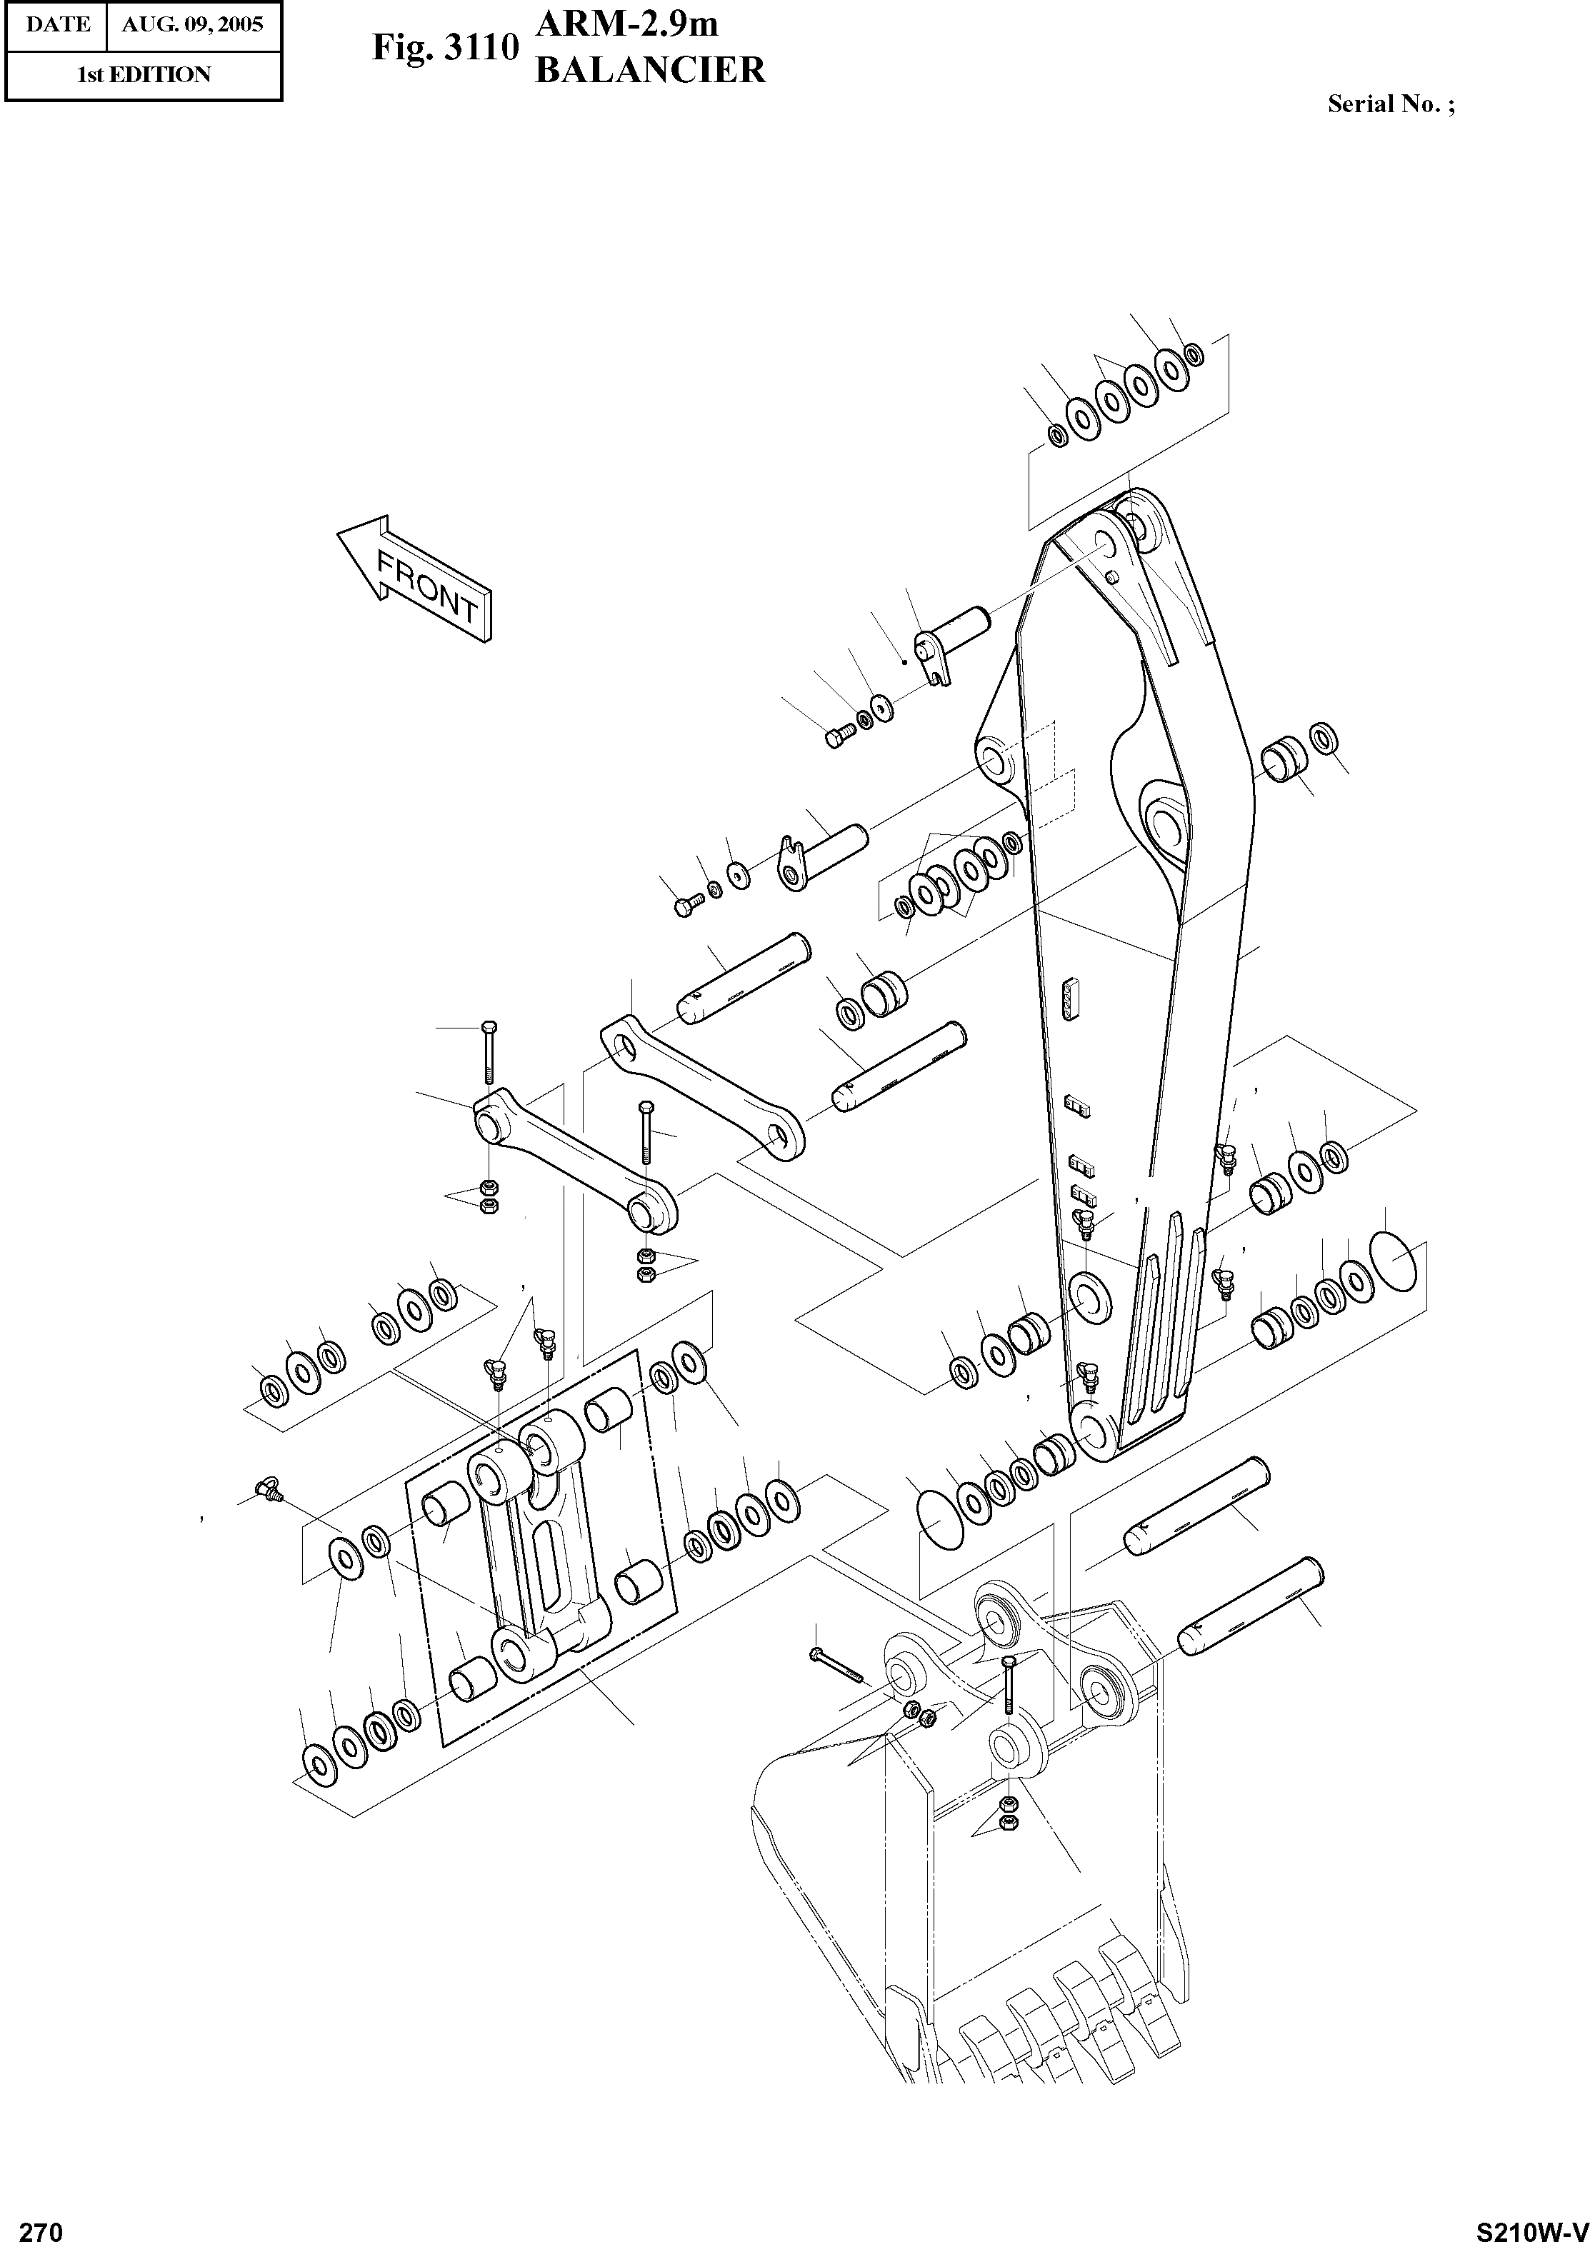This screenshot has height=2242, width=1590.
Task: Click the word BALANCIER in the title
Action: (x=649, y=71)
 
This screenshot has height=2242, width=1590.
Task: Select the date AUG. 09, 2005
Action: (x=193, y=24)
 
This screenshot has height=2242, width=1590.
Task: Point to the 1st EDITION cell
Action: (x=144, y=74)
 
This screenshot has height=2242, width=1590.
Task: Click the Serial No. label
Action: (x=1390, y=104)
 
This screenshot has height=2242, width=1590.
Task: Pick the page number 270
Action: (x=41, y=2224)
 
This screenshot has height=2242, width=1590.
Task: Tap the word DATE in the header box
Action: (x=57, y=24)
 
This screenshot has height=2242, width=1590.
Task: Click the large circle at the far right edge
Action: (x=1391, y=1260)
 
